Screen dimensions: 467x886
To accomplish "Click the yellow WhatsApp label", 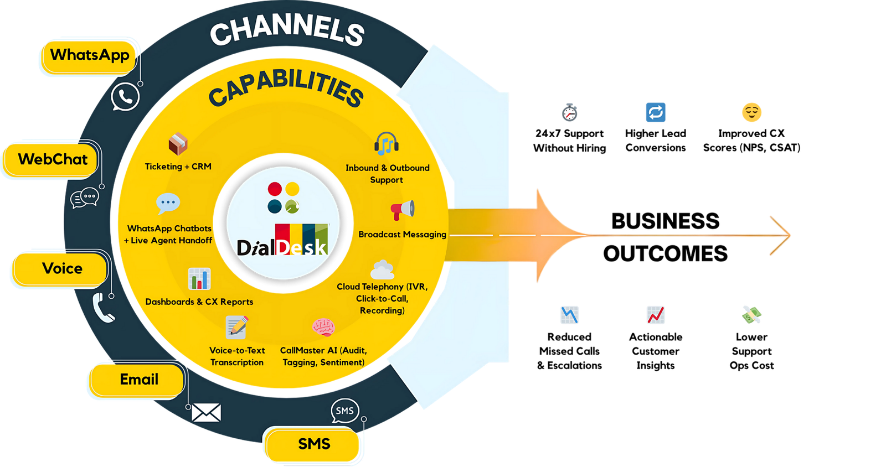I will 89,55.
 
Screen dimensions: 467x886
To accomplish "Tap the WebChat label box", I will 53,159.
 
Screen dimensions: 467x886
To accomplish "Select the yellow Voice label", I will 61,269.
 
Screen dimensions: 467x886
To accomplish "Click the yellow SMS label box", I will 313,444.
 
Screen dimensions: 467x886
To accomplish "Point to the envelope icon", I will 206,413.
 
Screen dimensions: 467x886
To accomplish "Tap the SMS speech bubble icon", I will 345,411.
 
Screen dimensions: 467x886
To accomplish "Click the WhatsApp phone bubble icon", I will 125,97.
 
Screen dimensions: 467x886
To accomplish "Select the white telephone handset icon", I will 103,308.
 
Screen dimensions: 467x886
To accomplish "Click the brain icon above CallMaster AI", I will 323,328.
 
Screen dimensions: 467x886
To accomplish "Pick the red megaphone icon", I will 403,210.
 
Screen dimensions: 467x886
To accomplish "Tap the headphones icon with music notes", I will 387,144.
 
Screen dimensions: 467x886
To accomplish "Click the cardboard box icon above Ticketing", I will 178,144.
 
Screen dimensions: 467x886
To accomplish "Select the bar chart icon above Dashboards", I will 199,279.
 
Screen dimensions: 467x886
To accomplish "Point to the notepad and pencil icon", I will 237,326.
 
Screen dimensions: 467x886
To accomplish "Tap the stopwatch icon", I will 569,113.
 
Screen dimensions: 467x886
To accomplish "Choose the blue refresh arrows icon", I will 656,113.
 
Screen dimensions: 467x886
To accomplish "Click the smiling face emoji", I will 751,112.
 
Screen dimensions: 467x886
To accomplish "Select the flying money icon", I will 751,315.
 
